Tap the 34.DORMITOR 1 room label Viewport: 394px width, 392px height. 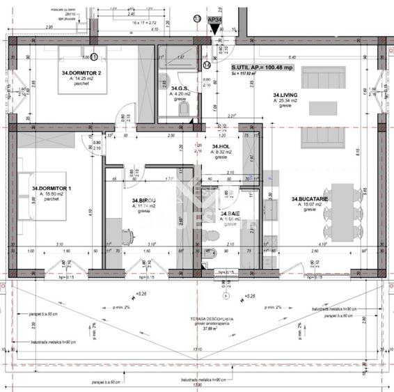[x=53, y=188]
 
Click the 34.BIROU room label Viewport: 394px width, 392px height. [x=144, y=201]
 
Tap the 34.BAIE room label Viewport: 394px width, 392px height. [x=230, y=214]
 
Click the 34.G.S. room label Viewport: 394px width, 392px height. [x=180, y=88]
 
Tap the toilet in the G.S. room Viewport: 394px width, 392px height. [x=166, y=78]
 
